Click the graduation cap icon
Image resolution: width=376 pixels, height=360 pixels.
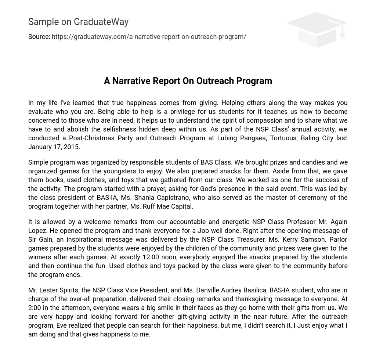(317, 29)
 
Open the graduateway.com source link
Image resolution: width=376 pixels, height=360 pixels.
(149, 37)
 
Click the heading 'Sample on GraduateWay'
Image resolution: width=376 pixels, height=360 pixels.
(78, 22)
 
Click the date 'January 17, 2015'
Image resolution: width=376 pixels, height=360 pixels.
(54, 147)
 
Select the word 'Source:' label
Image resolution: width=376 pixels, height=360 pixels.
(39, 37)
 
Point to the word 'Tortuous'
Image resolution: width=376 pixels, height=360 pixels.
(283, 138)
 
